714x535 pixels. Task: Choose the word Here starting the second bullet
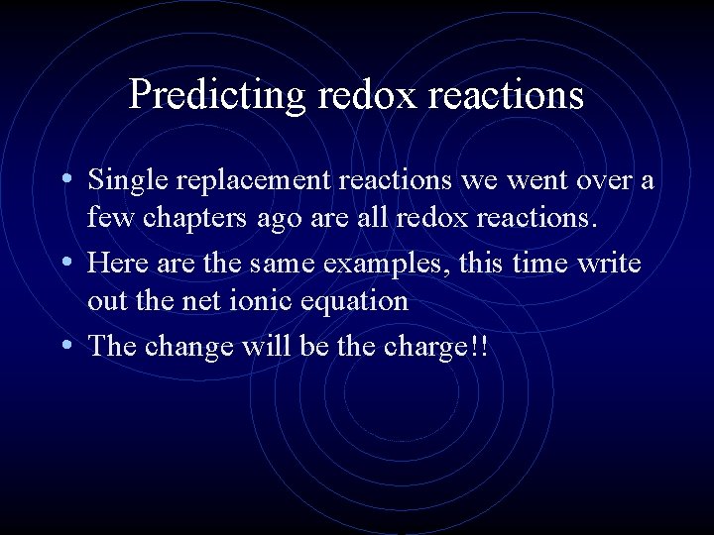click(x=114, y=265)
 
